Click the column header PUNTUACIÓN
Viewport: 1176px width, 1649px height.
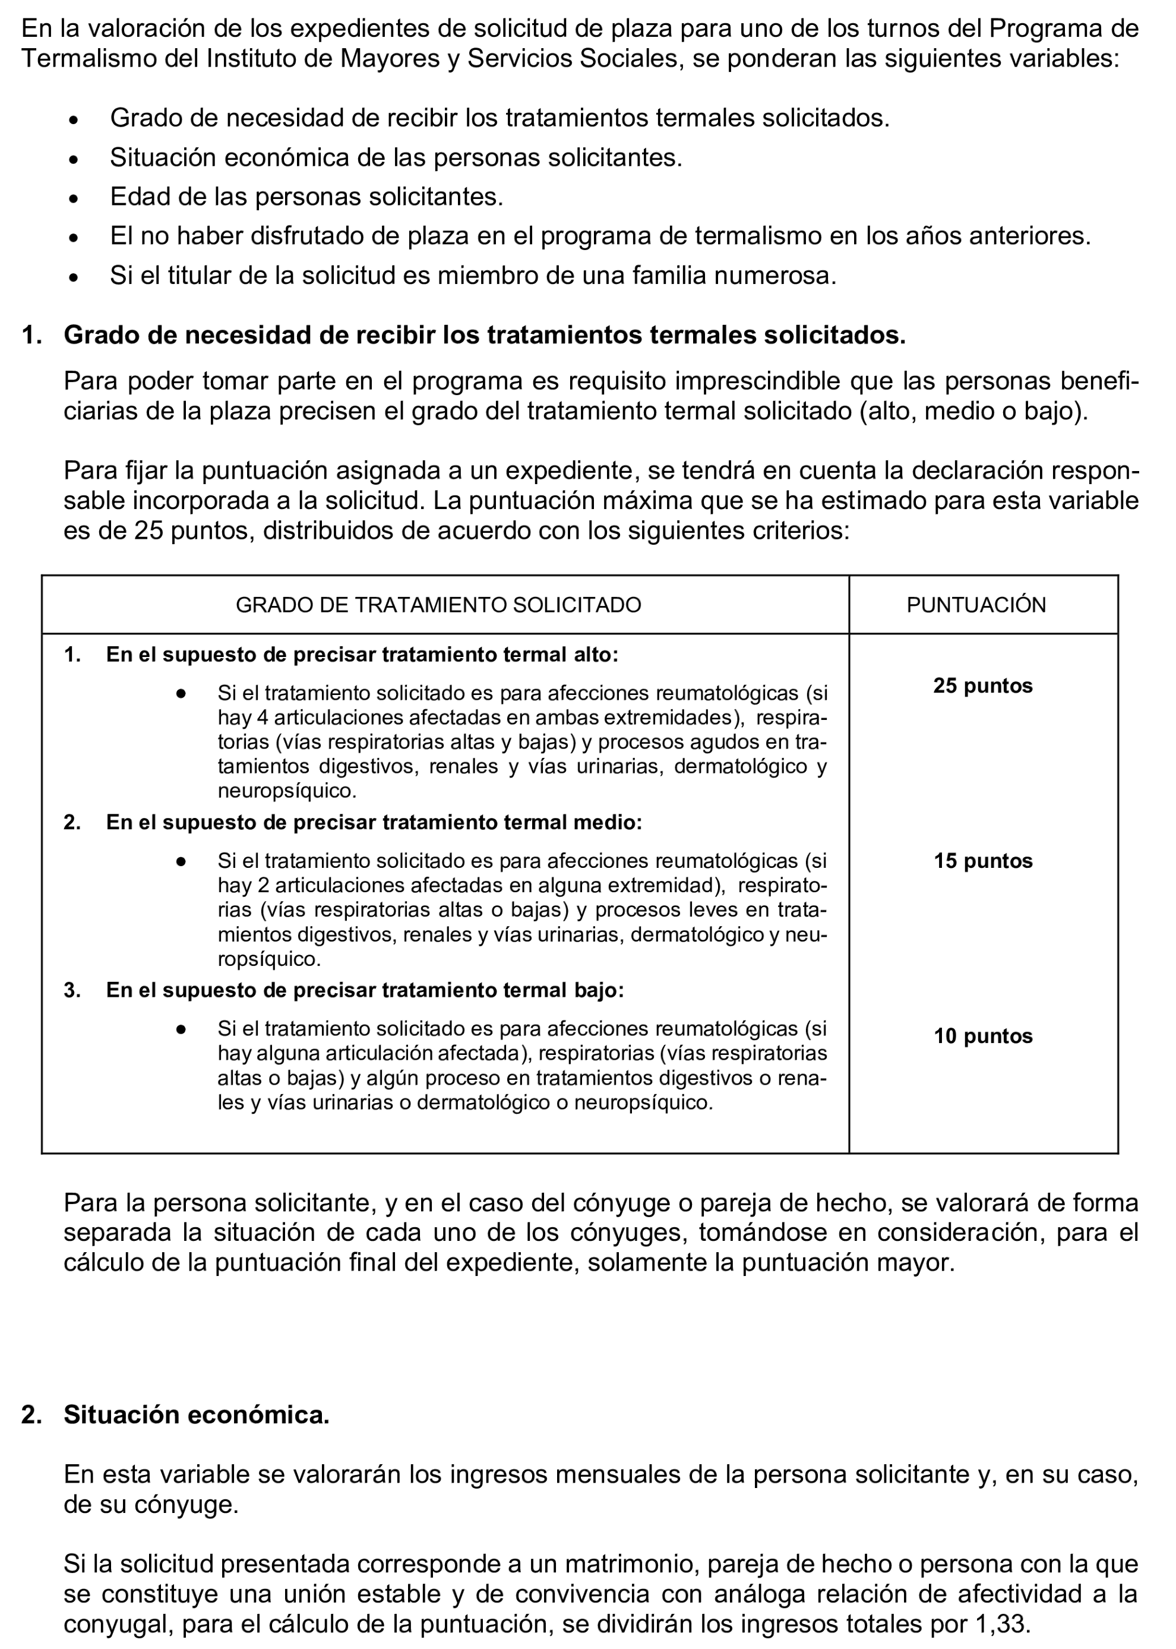(x=975, y=605)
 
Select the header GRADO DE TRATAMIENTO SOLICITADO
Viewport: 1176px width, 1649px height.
(x=438, y=605)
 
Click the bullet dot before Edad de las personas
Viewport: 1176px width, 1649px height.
(x=72, y=198)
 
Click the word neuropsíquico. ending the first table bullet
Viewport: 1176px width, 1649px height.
(x=287, y=791)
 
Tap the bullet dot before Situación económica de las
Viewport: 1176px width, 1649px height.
(x=72, y=159)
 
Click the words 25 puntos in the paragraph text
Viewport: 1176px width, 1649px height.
(x=195, y=531)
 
